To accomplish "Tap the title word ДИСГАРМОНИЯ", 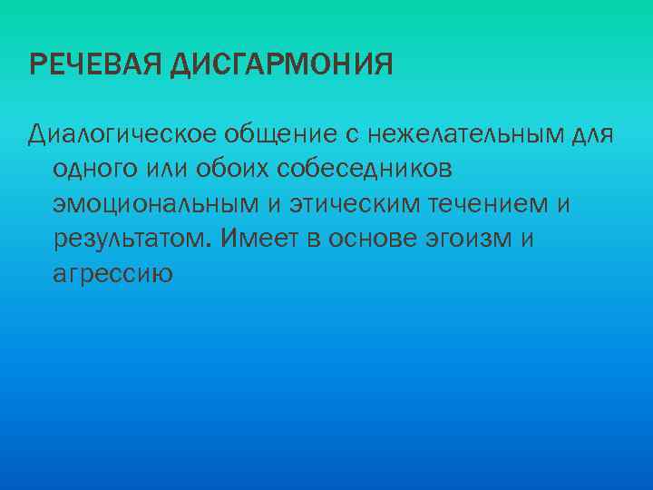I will pos(282,65).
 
